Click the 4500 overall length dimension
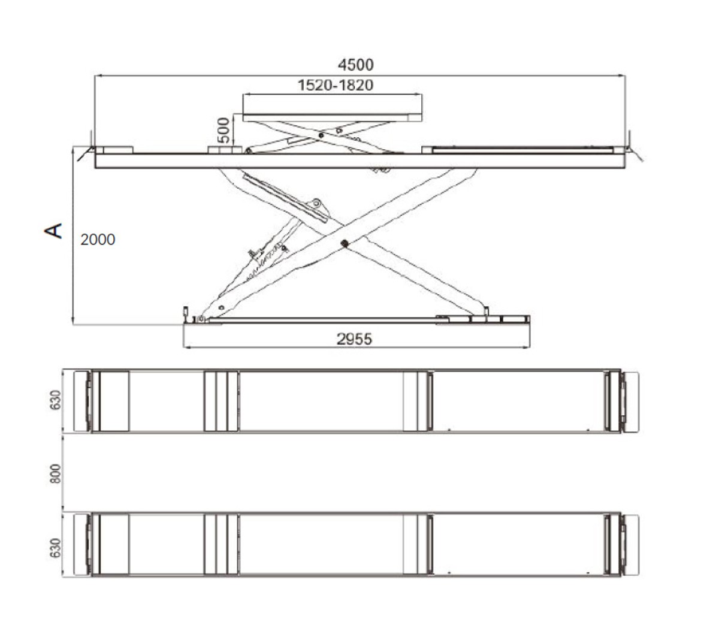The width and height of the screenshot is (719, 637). [355, 65]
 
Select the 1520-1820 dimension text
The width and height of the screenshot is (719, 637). [335, 85]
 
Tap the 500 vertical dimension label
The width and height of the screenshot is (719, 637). [223, 130]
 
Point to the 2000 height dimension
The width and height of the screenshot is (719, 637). [98, 240]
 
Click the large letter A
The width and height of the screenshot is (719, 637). [53, 231]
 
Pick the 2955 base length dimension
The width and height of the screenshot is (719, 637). [354, 339]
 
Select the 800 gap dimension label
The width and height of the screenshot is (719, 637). [55, 473]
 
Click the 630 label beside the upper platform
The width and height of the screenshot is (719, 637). [55, 400]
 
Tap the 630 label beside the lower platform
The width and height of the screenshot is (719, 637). [55, 548]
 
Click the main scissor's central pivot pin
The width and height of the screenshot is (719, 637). [343, 243]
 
